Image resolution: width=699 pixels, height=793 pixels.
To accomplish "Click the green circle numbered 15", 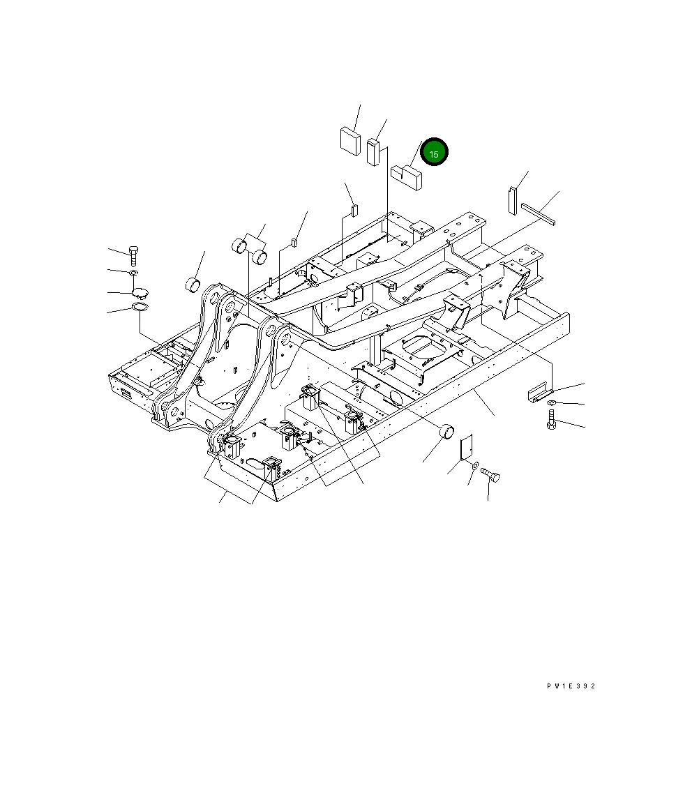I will pos(434,153).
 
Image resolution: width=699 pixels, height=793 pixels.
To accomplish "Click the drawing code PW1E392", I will pos(571,686).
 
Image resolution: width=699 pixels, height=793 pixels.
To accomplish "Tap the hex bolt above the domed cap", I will pos(134,256).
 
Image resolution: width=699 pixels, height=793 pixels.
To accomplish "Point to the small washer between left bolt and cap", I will pos(134,273).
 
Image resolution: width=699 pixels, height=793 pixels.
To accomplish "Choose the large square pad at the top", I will pos(349,139).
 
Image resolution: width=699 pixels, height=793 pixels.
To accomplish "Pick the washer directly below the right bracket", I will pos(552,405).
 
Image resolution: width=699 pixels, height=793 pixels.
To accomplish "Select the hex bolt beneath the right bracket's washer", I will pos(552,420).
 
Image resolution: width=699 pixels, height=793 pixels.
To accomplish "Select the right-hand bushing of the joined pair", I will pos(260,257).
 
